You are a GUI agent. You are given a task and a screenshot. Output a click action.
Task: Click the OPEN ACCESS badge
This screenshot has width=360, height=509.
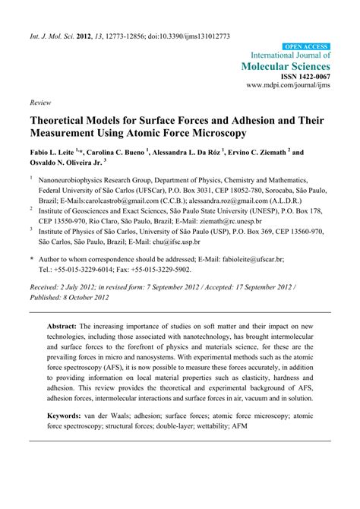[x=305, y=46]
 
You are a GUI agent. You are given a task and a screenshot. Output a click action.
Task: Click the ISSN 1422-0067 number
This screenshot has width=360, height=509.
[x=304, y=77]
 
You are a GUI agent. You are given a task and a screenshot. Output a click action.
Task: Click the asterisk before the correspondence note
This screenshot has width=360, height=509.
[x=32, y=260]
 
